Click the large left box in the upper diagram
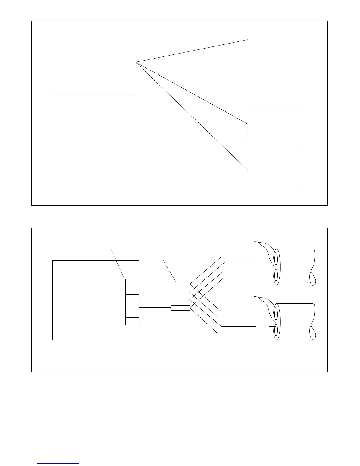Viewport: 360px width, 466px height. tap(93, 64)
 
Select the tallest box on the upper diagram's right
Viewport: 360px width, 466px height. tap(275, 65)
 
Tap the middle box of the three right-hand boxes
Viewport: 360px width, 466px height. tap(275, 125)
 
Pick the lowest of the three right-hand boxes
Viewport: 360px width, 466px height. tap(275, 167)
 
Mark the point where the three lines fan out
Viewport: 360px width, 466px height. tap(136, 62)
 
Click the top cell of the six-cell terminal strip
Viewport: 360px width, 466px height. tap(132, 283)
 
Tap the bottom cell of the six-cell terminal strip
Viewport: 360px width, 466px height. tap(132, 321)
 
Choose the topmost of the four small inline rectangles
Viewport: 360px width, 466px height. tap(180, 284)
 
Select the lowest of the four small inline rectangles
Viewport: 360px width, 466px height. tap(180, 308)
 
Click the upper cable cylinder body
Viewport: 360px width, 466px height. tap(296, 267)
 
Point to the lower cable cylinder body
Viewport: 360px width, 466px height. tap(296, 322)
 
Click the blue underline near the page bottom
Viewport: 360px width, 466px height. tap(58, 464)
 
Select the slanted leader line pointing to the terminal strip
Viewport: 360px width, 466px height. tap(117, 263)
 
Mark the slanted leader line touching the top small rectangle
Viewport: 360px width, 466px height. tap(169, 269)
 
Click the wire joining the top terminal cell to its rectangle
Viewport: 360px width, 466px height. tap(155, 284)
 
